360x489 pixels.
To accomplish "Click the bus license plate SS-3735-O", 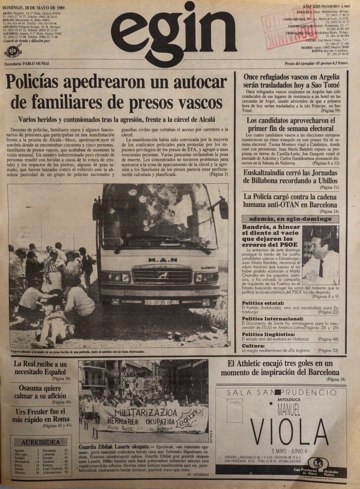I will click(161, 302).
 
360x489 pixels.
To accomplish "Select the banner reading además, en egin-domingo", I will click(291, 219).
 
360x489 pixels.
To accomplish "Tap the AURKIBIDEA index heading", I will click(41, 442).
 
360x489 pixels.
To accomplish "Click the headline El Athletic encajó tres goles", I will click(286, 367).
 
